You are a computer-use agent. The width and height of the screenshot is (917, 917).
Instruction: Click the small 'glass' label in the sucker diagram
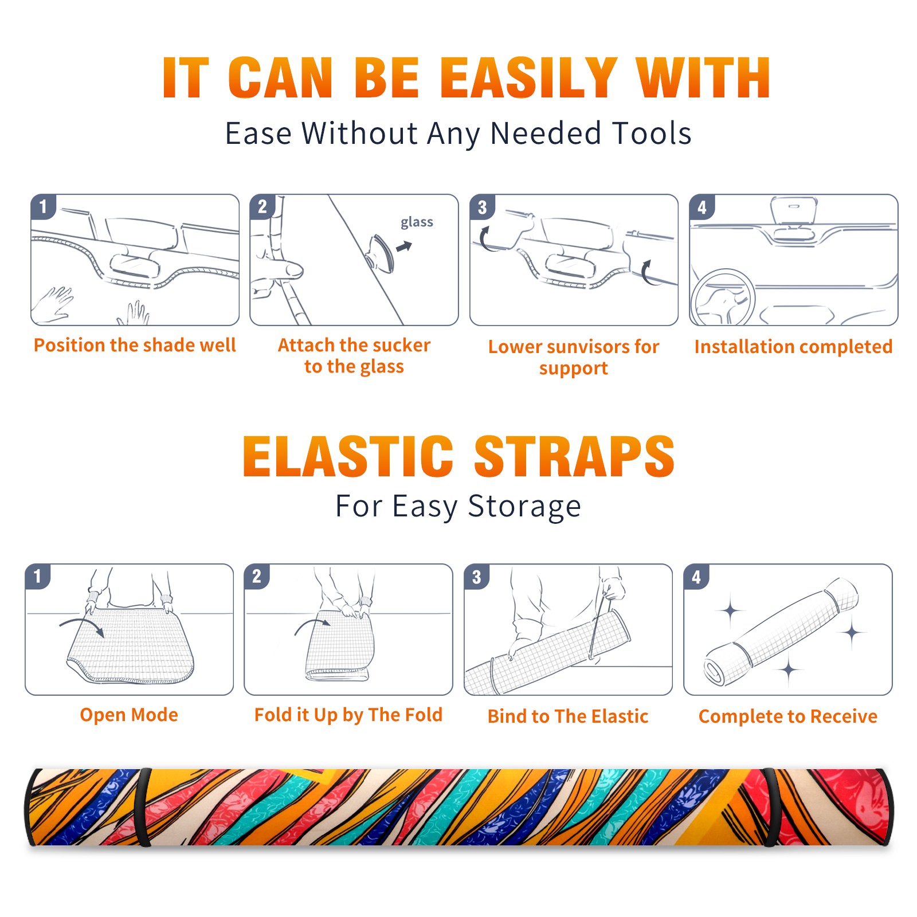click(417, 222)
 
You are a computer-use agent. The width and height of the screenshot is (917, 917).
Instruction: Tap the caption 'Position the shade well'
click(135, 345)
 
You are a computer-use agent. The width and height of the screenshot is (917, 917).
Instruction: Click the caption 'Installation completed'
click(793, 347)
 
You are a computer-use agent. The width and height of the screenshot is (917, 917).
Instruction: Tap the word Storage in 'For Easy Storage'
click(524, 507)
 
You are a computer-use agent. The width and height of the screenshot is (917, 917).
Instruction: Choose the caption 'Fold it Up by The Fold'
click(348, 715)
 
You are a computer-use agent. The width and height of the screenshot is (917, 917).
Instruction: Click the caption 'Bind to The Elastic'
click(568, 716)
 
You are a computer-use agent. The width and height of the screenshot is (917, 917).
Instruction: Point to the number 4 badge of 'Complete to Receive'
click(696, 577)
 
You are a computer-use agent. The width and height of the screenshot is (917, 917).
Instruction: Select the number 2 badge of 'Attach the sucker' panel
click(262, 207)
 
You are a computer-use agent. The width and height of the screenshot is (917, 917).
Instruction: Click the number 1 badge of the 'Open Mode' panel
click(38, 577)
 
